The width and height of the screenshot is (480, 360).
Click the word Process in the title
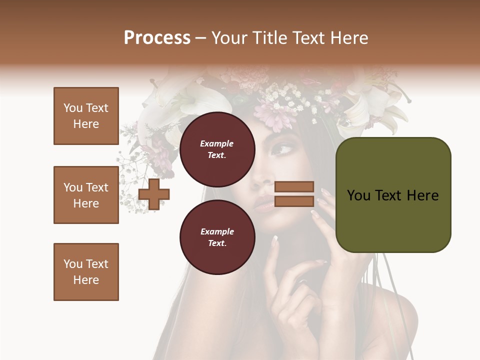tap(157, 38)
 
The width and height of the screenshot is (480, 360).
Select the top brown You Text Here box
tap(86, 116)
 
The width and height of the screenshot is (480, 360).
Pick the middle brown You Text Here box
tap(86, 195)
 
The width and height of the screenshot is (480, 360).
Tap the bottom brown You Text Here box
tap(86, 272)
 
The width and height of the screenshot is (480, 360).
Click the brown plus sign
tap(154, 194)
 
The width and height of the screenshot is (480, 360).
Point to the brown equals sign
tap(294, 194)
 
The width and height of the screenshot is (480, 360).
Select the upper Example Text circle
tap(217, 149)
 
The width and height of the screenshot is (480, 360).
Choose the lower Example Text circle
tap(217, 237)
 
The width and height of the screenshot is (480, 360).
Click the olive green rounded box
tap(393, 195)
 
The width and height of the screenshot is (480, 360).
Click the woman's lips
tap(265, 203)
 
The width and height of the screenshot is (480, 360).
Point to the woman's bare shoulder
tap(395, 315)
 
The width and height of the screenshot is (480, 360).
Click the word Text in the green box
tap(393, 195)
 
